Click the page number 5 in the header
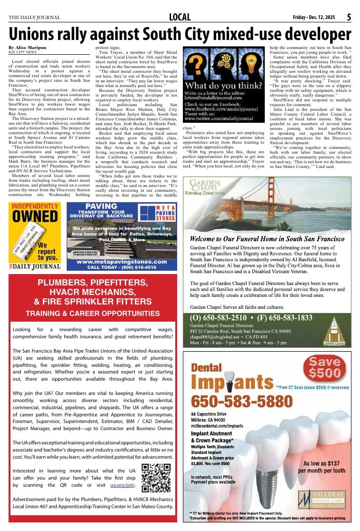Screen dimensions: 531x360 click(349, 17)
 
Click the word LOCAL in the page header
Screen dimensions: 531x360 click(180, 18)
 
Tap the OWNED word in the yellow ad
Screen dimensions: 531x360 click(35, 216)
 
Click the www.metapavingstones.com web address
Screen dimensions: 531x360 click(122, 262)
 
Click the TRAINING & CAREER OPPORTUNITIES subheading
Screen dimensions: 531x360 click(92, 314)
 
